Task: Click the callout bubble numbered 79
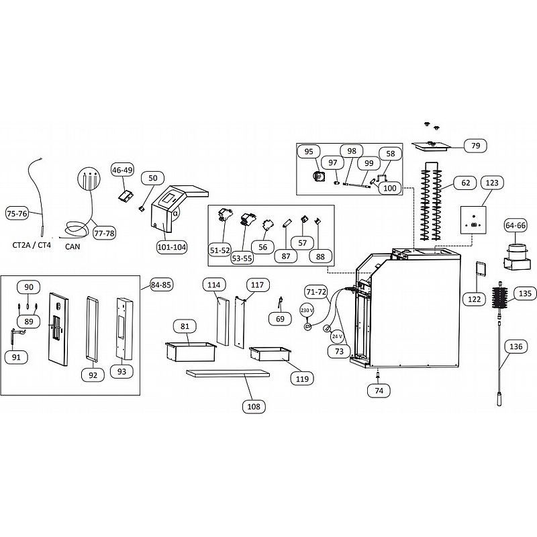476,146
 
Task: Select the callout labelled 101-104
172,247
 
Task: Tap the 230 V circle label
307,310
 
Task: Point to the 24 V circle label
338,337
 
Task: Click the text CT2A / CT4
32,245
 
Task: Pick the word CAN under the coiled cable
72,246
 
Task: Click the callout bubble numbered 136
516,346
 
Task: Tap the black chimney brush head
501,297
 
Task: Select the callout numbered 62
466,183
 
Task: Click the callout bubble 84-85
161,285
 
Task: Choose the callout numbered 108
254,407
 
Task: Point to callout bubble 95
309,152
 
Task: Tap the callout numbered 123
492,183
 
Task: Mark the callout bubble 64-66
516,226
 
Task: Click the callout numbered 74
379,391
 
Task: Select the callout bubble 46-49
123,170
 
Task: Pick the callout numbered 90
29,287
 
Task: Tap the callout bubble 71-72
316,292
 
